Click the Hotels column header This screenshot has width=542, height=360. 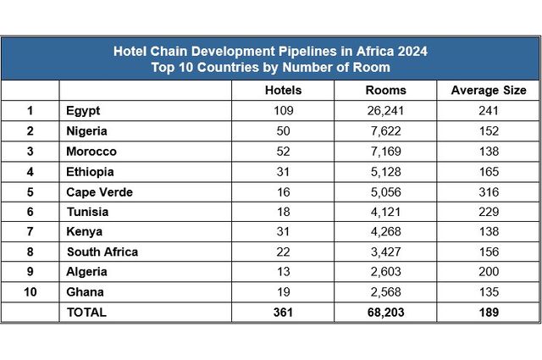pos(283,90)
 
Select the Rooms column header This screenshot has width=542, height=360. pos(385,90)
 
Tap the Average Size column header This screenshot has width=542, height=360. pos(488,90)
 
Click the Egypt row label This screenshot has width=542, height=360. pos(82,111)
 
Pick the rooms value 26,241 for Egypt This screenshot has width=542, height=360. pos(385,111)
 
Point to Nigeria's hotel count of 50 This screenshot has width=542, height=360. pos(283,131)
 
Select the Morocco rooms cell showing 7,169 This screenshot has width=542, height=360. pos(385,152)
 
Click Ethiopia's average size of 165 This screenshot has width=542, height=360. pos(488,172)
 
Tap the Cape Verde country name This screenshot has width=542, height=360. pos(98,191)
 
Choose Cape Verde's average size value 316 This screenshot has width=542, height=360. pos(488,191)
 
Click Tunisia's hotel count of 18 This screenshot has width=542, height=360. pos(283,212)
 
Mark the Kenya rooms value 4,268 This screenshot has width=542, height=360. pos(385,232)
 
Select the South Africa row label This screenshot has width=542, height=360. pos(102,252)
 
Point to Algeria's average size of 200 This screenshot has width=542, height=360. pos(488,272)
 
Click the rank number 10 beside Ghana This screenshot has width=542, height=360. pos(30,292)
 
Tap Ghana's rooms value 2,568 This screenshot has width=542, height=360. pos(385,292)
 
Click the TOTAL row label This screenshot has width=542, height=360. pos(86,312)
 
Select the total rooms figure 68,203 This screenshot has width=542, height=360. pos(385,312)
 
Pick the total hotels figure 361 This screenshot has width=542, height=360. pos(283,312)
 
